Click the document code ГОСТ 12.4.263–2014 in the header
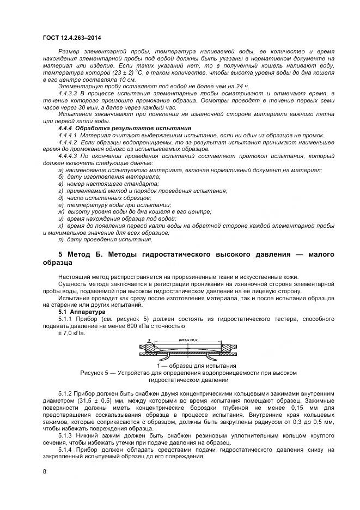72,38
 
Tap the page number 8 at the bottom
45,471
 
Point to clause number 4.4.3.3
69,93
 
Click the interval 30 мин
81,107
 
